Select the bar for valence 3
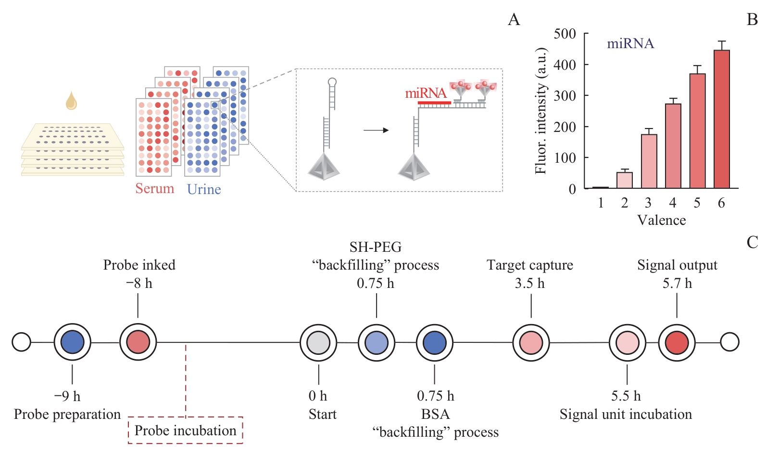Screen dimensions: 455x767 click(x=649, y=161)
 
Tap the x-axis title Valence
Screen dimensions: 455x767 click(x=661, y=220)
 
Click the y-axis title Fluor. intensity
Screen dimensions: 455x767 click(x=541, y=111)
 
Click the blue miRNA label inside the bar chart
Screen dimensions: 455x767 click(x=630, y=44)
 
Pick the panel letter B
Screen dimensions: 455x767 click(x=752, y=20)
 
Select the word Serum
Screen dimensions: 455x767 click(x=154, y=188)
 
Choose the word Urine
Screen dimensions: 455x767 click(x=204, y=189)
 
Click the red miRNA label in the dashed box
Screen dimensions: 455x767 click(x=426, y=93)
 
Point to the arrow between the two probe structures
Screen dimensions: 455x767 click(x=376, y=130)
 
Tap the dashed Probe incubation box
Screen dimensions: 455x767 click(x=185, y=430)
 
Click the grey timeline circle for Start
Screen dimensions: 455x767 click(x=318, y=343)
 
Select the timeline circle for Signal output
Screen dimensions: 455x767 click(x=677, y=343)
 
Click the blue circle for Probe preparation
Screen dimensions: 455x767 click(x=72, y=342)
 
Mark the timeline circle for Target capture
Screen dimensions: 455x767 click(x=530, y=343)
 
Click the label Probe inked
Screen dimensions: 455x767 click(x=139, y=265)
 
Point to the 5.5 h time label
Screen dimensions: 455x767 click(x=626, y=396)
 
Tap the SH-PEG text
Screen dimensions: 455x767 click(x=375, y=247)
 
